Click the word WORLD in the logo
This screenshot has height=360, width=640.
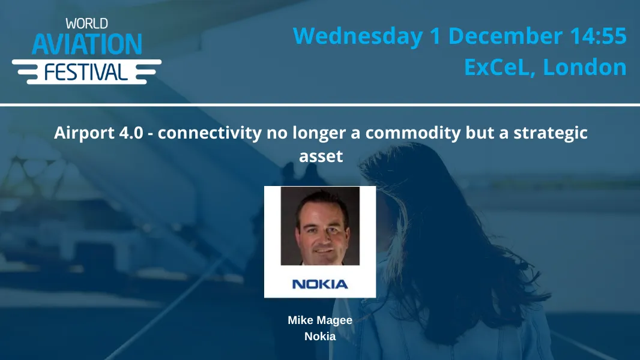[87, 23]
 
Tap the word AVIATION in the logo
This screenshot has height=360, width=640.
[87, 44]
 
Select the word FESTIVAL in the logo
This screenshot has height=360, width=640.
[86, 73]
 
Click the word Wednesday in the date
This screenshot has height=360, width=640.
[358, 36]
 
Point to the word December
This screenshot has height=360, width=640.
[506, 36]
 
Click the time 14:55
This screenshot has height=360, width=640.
[598, 36]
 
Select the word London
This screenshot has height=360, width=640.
[585, 67]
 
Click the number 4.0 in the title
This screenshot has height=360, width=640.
[131, 133]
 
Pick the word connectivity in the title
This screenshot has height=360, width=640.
[210, 133]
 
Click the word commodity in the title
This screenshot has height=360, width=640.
[413, 133]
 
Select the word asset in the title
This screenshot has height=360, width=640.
[321, 157]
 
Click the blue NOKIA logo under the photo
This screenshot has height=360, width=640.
[320, 284]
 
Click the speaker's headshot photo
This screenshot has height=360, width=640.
[320, 226]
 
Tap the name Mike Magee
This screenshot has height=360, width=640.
[320, 320]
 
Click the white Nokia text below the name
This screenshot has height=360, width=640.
[320, 337]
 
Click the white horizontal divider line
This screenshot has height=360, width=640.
[320, 105]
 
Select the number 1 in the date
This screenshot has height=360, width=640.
[436, 36]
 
